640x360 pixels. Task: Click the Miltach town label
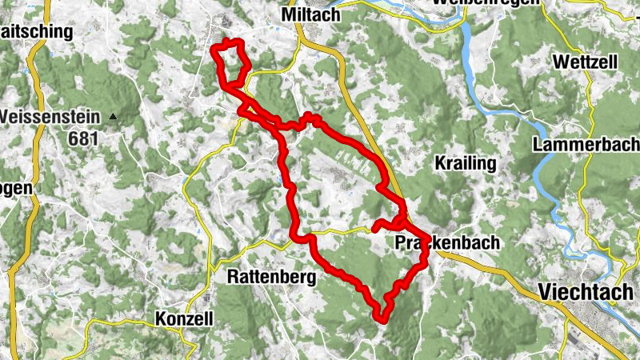311,15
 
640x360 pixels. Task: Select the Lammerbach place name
587,145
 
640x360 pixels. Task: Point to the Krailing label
466,163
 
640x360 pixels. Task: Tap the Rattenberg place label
272,277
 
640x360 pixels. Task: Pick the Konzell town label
184,318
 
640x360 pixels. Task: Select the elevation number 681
82,138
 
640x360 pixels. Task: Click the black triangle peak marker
113,117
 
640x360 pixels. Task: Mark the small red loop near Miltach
231,61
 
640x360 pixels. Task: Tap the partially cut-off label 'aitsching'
37,32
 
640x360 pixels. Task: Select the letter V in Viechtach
546,292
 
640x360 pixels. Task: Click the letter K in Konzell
159,318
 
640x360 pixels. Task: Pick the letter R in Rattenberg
233,277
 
